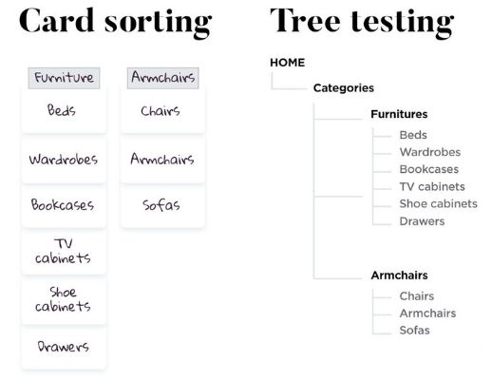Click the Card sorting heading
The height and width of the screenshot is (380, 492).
115,21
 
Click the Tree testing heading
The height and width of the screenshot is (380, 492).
362,21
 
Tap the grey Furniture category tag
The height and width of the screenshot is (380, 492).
64,78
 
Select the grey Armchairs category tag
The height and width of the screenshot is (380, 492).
161,78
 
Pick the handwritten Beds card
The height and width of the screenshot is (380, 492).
63,110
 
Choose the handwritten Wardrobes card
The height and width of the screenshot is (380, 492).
63,159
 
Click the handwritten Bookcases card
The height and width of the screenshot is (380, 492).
63,204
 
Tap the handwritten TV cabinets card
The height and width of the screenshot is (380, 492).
63,251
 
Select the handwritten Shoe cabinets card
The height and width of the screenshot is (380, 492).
63,299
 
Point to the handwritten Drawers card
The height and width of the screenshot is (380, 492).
63,347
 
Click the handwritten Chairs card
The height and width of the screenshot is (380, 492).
161,111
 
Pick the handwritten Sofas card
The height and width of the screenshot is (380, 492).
161,204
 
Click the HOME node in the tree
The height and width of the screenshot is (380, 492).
288,63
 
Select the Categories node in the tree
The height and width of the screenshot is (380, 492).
343,88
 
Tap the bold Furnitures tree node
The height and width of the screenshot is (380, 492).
399,114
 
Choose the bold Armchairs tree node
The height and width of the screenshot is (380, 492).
399,275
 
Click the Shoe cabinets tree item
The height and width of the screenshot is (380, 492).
438,204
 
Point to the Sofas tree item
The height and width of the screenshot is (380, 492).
414,331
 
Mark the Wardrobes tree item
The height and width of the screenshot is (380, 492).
429,152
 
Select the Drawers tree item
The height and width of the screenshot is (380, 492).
422,221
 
